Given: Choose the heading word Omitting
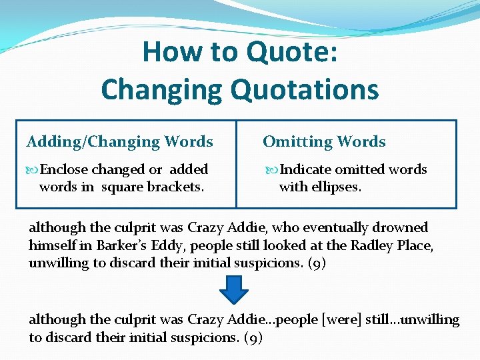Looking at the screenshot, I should point(293,142).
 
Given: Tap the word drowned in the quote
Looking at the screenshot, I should point(403,228).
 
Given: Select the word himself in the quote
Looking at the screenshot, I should point(53,245).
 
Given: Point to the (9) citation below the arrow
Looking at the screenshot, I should point(253,338).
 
